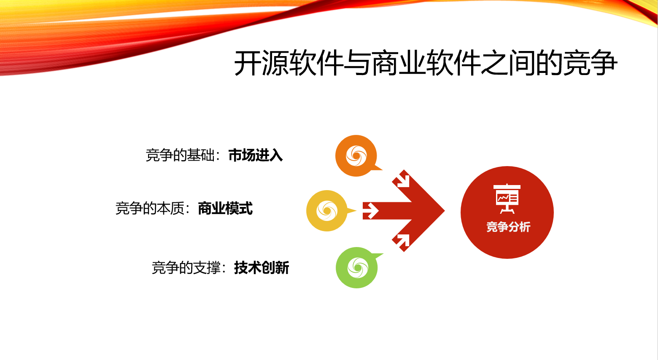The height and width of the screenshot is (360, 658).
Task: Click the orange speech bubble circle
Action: [x=356, y=156]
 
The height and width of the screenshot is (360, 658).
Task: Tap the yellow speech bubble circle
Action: [x=327, y=210]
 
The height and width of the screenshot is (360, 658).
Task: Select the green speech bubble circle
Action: [x=357, y=268]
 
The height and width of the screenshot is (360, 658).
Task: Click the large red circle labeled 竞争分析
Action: [x=507, y=212]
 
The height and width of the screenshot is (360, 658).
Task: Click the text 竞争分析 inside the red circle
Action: [x=508, y=227]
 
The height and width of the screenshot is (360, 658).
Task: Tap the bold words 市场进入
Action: [x=255, y=156]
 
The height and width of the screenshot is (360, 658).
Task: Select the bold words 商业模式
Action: [x=225, y=209]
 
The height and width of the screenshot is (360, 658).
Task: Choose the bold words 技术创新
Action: [x=262, y=268]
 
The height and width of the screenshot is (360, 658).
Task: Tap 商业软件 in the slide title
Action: [x=426, y=64]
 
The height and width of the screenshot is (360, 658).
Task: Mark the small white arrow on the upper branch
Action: [x=403, y=180]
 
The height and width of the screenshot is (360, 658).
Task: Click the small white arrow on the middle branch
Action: [x=371, y=211]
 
